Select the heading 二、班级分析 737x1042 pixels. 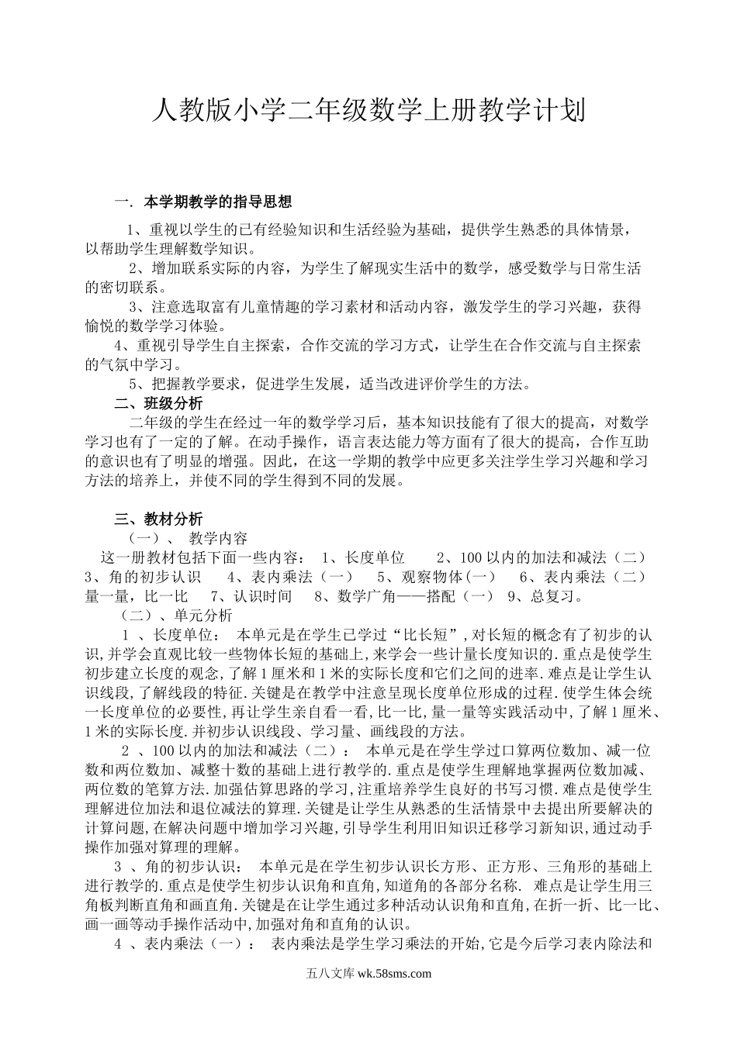click(158, 403)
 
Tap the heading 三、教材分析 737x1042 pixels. click(158, 519)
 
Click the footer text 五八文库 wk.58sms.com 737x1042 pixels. click(368, 975)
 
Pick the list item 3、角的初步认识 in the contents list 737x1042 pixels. click(143, 577)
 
